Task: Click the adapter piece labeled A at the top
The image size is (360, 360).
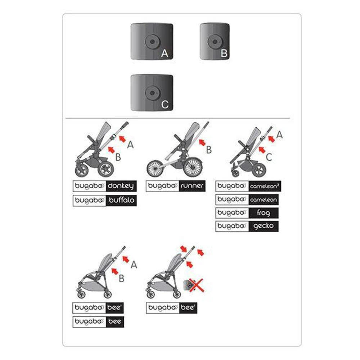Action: click(152, 41)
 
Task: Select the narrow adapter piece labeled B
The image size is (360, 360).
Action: click(215, 41)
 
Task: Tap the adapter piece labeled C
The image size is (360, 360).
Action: click(152, 93)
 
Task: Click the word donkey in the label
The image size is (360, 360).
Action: click(121, 186)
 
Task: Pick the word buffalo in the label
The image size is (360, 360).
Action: click(121, 200)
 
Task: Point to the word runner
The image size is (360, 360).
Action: click(192, 185)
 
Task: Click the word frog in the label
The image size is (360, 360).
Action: click(264, 213)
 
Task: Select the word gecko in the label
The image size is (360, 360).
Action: click(264, 226)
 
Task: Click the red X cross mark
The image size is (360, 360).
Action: click(196, 285)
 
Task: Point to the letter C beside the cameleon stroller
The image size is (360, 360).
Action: click(269, 157)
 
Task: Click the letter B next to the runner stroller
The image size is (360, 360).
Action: click(209, 150)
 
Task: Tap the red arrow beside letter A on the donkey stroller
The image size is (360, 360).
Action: click(122, 139)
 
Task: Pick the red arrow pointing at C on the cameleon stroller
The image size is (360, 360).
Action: click(262, 150)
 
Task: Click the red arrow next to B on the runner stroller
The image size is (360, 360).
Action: click(202, 143)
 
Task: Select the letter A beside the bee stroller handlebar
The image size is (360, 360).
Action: click(134, 265)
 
